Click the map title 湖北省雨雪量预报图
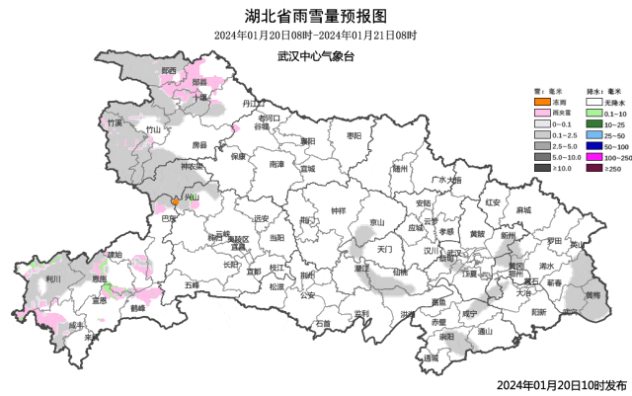(x=315, y=15)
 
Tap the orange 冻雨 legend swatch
(x=541, y=102)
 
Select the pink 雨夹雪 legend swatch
(x=541, y=115)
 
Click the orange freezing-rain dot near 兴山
(x=176, y=200)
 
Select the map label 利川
(x=52, y=279)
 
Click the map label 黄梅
(x=591, y=294)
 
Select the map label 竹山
(x=152, y=129)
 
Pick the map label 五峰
(x=192, y=284)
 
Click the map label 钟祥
(x=339, y=211)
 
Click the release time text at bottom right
(x=561, y=384)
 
